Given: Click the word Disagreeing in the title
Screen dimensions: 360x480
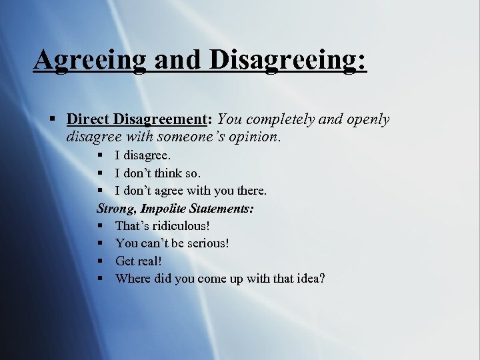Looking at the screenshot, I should (287, 60).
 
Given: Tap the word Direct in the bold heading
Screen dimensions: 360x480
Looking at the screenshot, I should (89, 120).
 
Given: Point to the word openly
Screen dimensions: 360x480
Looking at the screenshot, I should (365, 120).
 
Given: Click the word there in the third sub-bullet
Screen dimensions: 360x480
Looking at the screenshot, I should (251, 191).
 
